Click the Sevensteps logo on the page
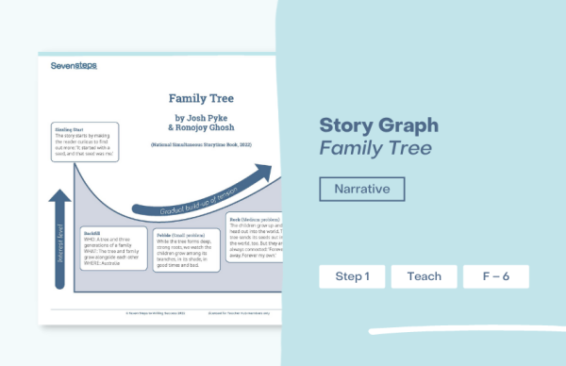click(74, 65)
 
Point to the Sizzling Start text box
click(81, 143)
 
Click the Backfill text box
click(113, 248)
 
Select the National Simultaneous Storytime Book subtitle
click(202, 146)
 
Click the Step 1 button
click(352, 276)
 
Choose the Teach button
click(424, 276)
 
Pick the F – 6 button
click(495, 276)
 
